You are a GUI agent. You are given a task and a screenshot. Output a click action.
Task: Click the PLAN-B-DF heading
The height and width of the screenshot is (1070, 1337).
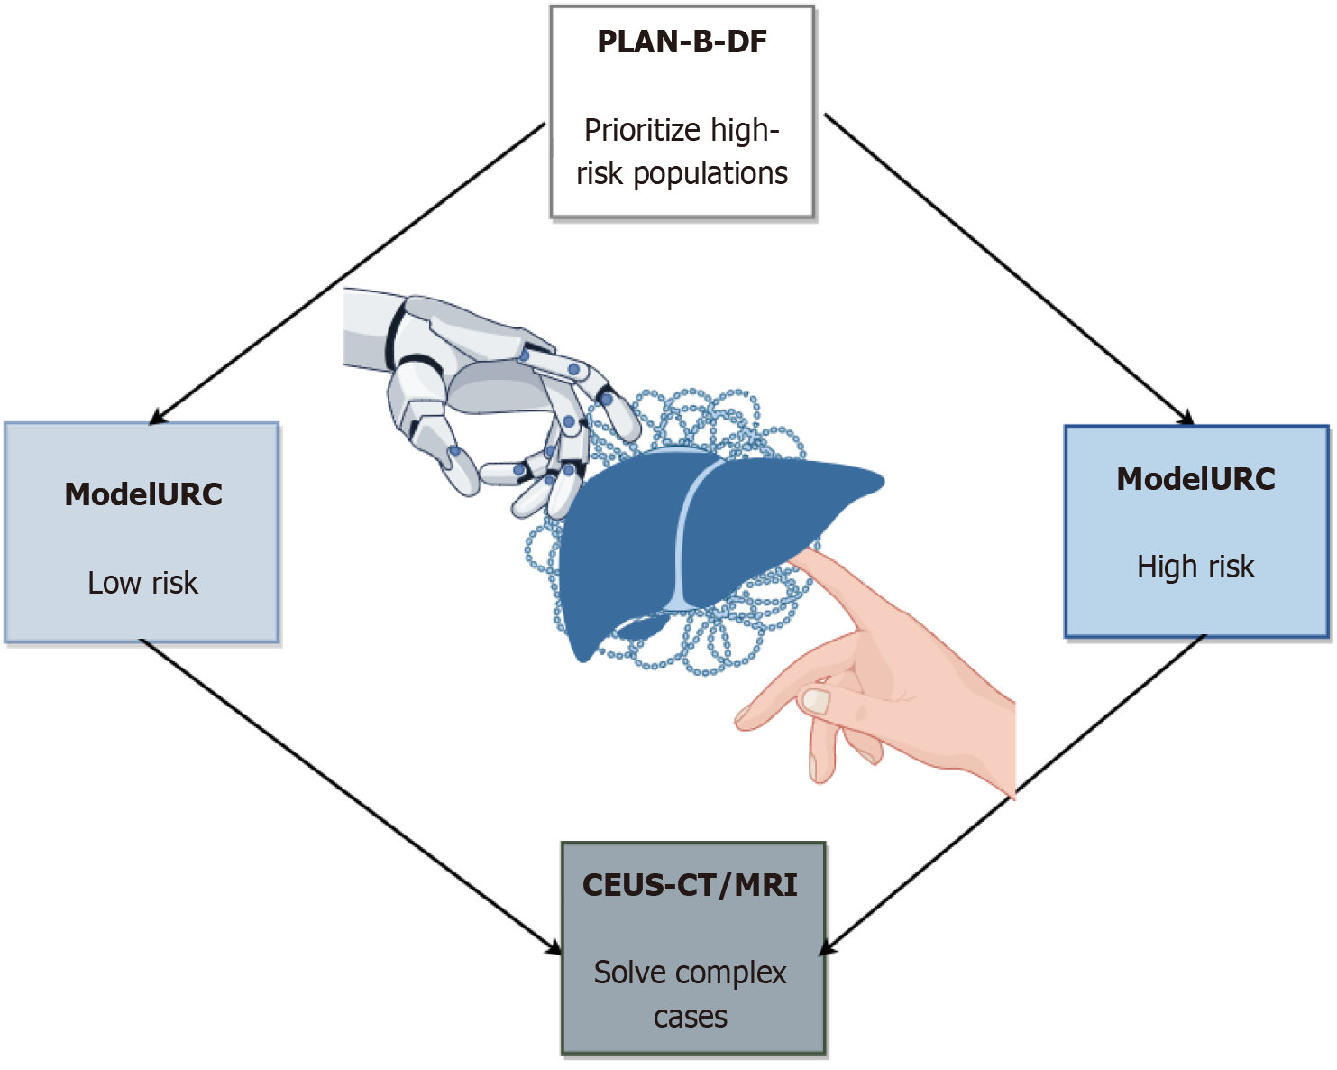[682, 42]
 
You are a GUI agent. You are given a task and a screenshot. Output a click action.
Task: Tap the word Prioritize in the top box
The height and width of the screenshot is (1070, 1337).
[643, 131]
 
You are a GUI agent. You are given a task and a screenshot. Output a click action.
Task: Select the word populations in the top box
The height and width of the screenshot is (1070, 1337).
[710, 173]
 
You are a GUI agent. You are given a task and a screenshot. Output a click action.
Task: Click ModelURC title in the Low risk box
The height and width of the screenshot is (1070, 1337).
[143, 494]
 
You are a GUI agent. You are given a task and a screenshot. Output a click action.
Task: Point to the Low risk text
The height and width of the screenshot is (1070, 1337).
[142, 583]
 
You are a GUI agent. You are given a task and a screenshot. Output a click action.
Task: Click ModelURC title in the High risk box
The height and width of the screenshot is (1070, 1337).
[1195, 479]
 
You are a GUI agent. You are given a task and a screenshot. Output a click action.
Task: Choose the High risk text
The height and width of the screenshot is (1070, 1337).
[1195, 567]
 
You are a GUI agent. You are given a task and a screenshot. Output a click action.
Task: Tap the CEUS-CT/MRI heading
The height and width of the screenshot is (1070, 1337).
[690, 885]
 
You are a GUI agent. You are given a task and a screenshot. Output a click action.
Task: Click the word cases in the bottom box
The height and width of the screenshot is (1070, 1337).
[690, 1017]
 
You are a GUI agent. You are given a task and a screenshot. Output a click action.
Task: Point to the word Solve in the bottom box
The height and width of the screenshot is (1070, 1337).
[628, 973]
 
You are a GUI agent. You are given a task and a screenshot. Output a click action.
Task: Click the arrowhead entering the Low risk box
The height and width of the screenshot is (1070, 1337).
[159, 417]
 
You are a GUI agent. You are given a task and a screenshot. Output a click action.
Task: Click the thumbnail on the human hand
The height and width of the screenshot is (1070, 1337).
[817, 701]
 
